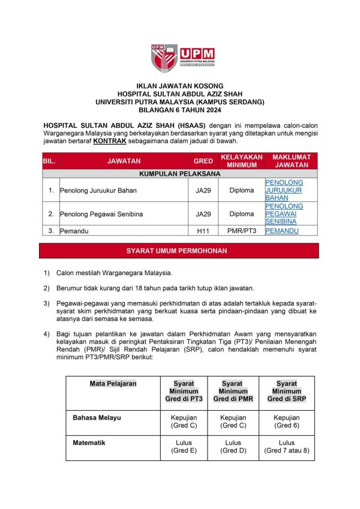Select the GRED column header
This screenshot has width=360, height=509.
203,161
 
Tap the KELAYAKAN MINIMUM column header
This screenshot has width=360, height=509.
242,161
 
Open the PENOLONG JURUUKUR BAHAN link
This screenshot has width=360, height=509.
284,189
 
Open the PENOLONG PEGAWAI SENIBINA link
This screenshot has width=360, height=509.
284,213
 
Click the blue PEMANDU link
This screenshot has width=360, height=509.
282,230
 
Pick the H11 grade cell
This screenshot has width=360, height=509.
203,230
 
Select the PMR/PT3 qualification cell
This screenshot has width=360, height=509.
242,230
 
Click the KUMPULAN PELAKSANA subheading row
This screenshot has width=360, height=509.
180,173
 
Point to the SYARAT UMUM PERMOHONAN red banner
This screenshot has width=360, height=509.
180,251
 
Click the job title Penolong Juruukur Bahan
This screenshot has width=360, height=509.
98,191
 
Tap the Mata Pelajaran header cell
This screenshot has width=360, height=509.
113,383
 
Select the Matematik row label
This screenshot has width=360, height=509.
89,443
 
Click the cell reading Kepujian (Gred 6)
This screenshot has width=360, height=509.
286,421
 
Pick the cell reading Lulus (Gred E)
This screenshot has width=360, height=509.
183,447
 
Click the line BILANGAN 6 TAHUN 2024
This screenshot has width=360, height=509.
180,110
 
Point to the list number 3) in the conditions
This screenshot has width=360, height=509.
47,304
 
